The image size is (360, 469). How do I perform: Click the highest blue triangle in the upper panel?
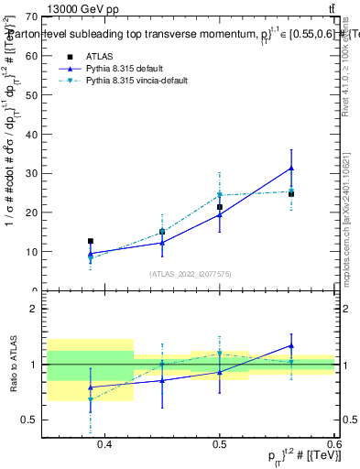pos(290,169)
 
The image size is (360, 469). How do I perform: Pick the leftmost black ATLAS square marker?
pos(91,241)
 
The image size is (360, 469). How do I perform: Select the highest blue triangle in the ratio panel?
pos(290,345)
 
